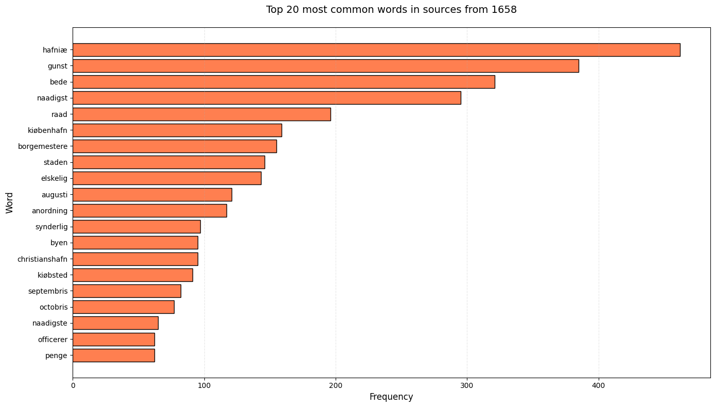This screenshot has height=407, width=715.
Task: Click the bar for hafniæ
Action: [x=376, y=50]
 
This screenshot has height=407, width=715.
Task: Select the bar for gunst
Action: [x=325, y=66]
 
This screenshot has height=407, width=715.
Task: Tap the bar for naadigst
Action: [x=267, y=98]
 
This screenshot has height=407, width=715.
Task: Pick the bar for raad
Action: [x=201, y=114]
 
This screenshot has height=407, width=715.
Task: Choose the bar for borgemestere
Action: [x=175, y=146]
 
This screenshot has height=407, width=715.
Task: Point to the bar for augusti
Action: [x=152, y=194]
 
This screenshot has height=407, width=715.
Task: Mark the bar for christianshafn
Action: [x=135, y=259]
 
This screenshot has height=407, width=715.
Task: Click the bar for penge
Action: [x=113, y=355]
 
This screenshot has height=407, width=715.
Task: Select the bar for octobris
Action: [x=123, y=307]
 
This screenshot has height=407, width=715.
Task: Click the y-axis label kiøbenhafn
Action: [x=47, y=130]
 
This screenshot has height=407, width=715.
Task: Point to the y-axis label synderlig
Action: [x=51, y=227]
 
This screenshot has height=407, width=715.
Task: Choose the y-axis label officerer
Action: [x=53, y=340]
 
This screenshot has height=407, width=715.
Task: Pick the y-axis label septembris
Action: [x=48, y=291]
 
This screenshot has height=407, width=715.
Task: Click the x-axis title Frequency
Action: [x=391, y=397]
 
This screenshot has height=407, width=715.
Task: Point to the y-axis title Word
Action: [x=10, y=202]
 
